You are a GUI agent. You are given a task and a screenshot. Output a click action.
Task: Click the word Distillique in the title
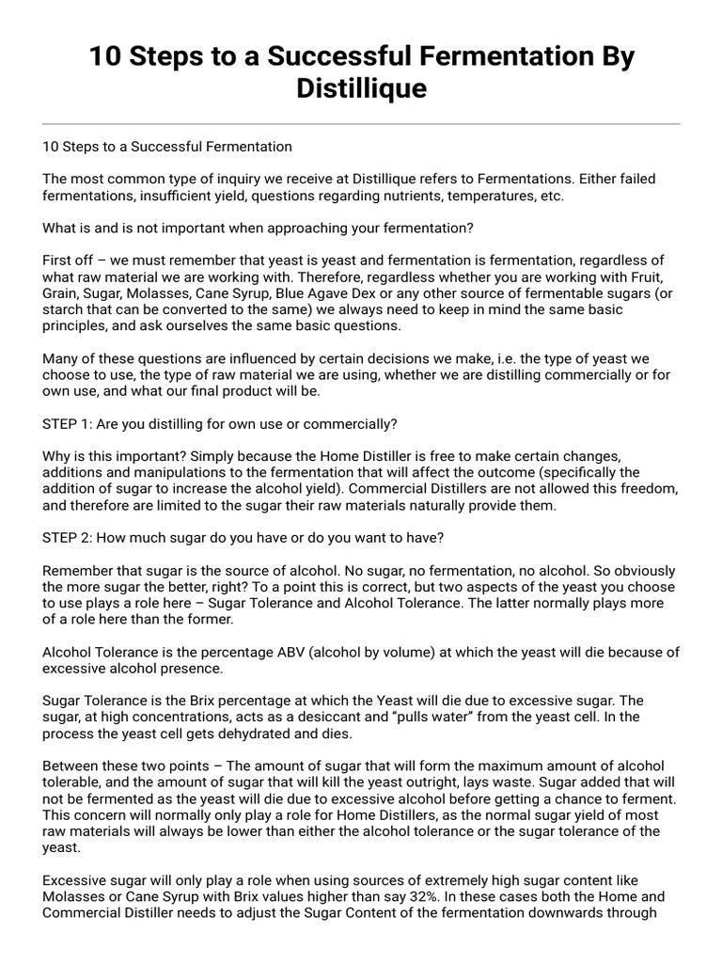tap(362, 88)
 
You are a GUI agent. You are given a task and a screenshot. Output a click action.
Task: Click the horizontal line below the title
tap(362, 123)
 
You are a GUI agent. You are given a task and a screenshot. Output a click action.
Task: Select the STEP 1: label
tap(68, 423)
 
